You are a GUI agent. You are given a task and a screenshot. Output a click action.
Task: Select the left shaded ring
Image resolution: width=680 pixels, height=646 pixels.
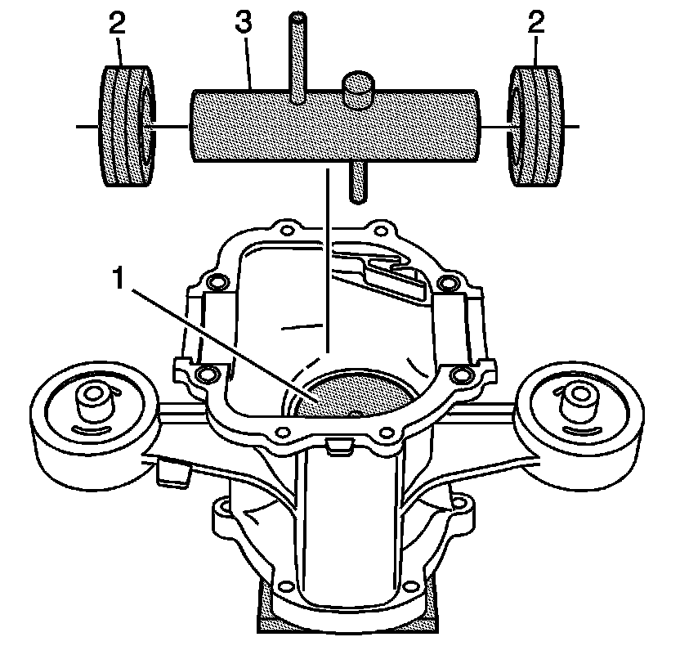point(125,128)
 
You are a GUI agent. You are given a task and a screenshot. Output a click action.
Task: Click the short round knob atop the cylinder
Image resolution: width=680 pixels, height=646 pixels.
point(360,88)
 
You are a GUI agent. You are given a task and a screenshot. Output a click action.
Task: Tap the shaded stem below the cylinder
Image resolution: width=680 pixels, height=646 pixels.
point(358,182)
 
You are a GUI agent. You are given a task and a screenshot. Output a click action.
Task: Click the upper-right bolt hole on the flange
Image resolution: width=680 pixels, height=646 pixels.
point(446,283)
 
